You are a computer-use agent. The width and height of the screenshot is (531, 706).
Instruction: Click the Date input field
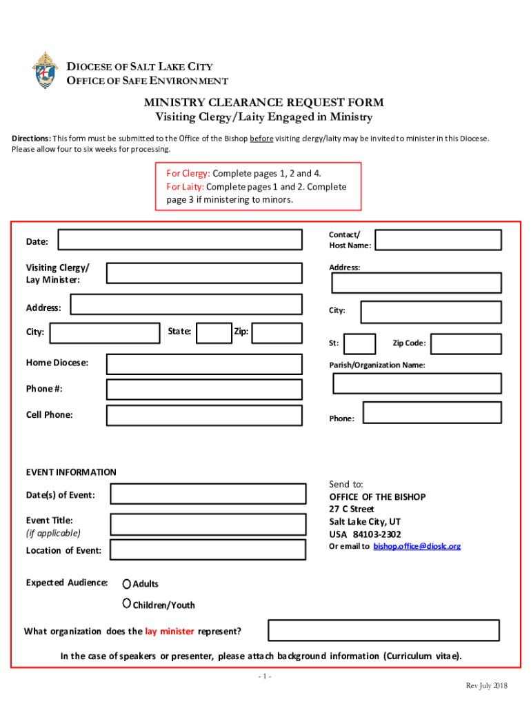(180, 240)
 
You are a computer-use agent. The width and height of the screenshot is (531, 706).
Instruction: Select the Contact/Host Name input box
(438, 239)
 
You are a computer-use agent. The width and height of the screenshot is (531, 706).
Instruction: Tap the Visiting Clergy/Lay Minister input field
(203, 273)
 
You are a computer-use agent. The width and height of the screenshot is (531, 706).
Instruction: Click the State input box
(214, 334)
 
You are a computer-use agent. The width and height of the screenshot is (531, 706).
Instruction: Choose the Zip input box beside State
(276, 334)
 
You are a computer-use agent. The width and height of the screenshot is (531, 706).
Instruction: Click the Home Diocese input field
(203, 363)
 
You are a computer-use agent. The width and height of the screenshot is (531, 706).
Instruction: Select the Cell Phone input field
(203, 415)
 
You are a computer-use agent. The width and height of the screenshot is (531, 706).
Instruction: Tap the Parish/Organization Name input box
(417, 383)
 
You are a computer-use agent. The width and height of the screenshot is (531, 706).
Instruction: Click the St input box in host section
(359, 343)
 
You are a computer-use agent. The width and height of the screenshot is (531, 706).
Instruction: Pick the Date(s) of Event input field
(208, 494)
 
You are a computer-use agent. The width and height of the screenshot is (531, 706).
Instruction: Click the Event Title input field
(208, 525)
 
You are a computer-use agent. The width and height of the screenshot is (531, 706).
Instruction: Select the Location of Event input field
(208, 549)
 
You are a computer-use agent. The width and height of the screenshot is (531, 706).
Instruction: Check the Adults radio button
(127, 583)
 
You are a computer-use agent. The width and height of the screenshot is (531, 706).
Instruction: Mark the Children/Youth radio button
(127, 603)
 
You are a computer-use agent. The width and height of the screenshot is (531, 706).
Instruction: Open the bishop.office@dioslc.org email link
(417, 546)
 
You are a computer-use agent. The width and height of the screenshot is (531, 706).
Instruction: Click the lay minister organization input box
(383, 630)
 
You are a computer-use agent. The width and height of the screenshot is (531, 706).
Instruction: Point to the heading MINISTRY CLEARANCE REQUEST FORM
(263, 103)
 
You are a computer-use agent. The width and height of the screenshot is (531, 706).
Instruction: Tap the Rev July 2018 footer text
(486, 685)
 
